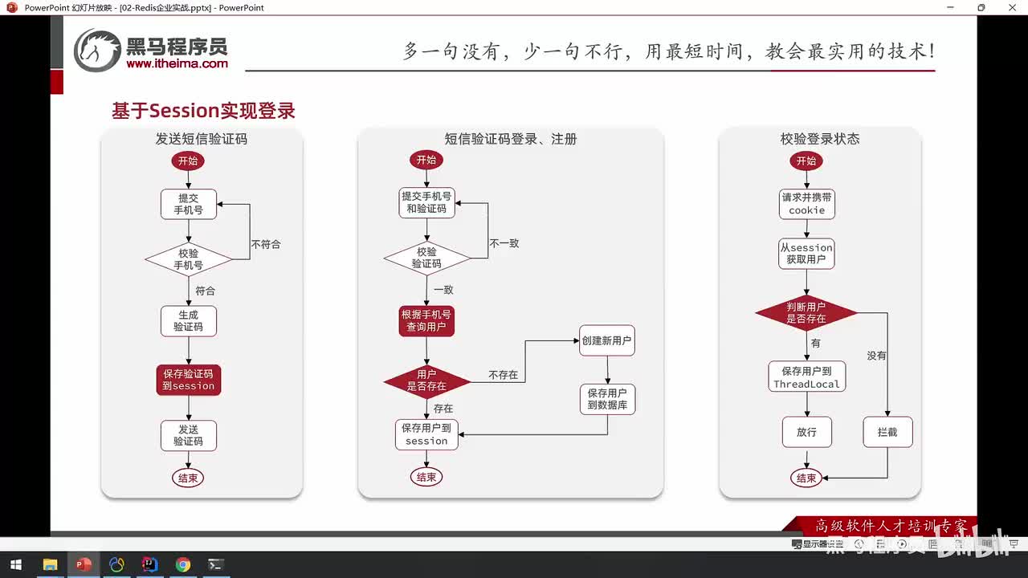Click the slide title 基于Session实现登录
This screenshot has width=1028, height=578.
pyautogui.click(x=203, y=111)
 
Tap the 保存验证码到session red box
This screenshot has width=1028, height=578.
pyautogui.click(x=189, y=380)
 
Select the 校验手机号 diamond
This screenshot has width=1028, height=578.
pyautogui.click(x=189, y=258)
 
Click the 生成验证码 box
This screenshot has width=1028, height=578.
pyautogui.click(x=189, y=321)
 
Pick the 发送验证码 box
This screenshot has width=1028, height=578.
pyautogui.click(x=189, y=435)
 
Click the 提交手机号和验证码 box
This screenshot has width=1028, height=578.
pyautogui.click(x=426, y=202)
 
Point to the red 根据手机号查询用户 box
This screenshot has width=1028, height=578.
pyautogui.click(x=426, y=321)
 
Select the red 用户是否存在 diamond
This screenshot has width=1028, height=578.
pyautogui.click(x=426, y=381)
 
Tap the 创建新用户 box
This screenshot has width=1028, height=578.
pyautogui.click(x=606, y=340)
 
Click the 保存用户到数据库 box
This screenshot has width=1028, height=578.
pyautogui.click(x=607, y=399)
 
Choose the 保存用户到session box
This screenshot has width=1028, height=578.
pyautogui.click(x=426, y=434)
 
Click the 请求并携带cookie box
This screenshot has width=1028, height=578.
pyautogui.click(x=806, y=204)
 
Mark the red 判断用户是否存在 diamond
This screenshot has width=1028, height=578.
pyautogui.click(x=806, y=313)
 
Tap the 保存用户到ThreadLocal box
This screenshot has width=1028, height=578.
pyautogui.click(x=806, y=377)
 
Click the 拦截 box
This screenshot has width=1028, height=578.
pyautogui.click(x=887, y=432)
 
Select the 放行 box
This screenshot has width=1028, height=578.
pyautogui.click(x=806, y=432)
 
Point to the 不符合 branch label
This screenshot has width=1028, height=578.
pyautogui.click(x=266, y=244)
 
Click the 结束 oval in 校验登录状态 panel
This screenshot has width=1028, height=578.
pyautogui.click(x=806, y=478)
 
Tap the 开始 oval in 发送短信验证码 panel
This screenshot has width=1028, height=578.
pyautogui.click(x=188, y=161)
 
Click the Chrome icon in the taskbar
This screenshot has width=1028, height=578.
pyautogui.click(x=182, y=564)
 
